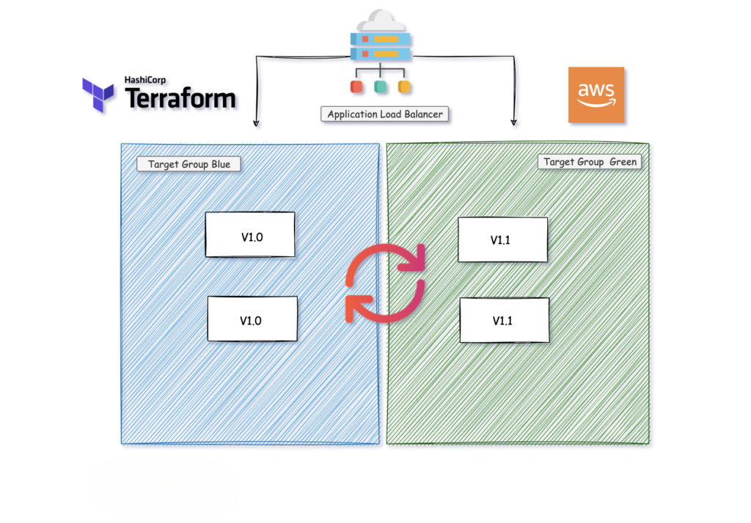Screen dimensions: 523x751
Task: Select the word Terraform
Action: click(x=180, y=98)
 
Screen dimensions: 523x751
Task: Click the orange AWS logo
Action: click(x=596, y=94)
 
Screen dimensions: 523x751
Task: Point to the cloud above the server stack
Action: click(x=380, y=20)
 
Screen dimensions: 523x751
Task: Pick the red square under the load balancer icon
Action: click(x=357, y=87)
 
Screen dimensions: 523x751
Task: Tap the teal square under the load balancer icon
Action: click(x=380, y=87)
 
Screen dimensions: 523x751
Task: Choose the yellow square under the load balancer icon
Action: click(x=403, y=87)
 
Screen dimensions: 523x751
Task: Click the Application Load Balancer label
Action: click(x=385, y=114)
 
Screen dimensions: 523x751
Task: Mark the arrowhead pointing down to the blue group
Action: click(x=255, y=123)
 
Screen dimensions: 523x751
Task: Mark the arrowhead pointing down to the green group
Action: click(x=513, y=122)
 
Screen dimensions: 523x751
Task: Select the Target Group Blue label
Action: click(x=189, y=164)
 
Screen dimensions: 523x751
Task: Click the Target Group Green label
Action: click(x=590, y=162)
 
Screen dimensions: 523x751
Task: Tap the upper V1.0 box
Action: click(x=250, y=235)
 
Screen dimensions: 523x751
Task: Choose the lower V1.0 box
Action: click(x=252, y=319)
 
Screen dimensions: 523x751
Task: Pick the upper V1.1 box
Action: click(x=503, y=240)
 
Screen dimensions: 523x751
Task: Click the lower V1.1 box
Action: click(x=505, y=320)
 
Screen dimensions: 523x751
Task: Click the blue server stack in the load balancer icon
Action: click(x=380, y=45)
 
